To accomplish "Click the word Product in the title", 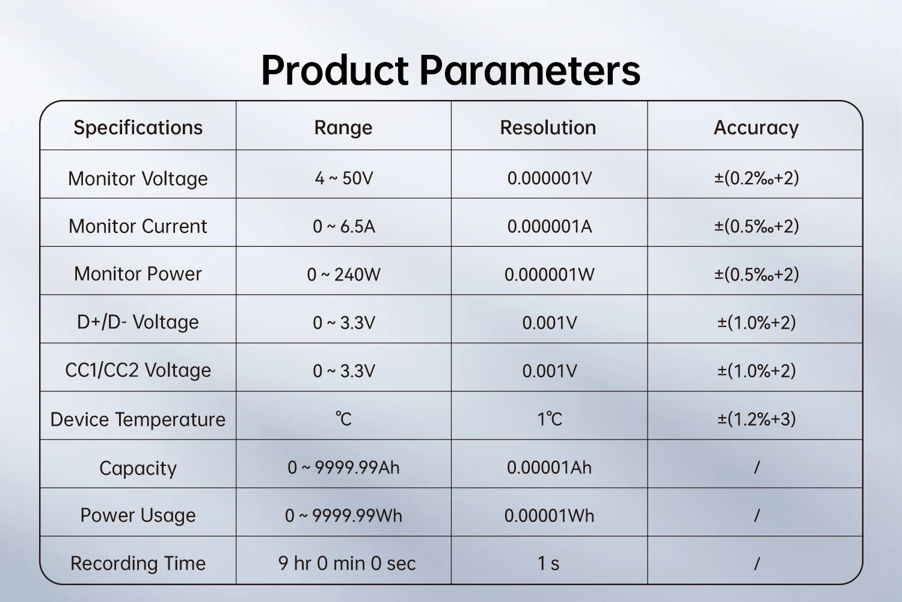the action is pos(334,70).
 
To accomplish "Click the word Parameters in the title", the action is pos(529,70).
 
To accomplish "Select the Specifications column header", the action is pos(138,128).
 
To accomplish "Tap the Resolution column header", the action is pos(548,128).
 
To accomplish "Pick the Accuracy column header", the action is pos(756,128).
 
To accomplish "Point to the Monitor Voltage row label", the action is pos(138,179).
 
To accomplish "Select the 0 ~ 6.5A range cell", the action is pos(344,226).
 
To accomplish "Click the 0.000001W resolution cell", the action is pos(549,275).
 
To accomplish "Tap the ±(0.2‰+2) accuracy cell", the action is pos(756,178).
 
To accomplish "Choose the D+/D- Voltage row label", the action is pos(138,322).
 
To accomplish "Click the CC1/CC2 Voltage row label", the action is pos(138,370).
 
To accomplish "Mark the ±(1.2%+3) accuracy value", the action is pos(756,419).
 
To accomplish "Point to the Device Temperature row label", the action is pos(138,420).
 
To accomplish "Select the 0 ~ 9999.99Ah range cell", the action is pos(343,468).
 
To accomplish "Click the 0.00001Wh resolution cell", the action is pos(549,516).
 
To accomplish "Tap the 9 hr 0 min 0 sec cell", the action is pos(347,563).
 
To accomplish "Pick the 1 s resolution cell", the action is pos(548,563).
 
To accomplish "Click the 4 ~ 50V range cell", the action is pos(344,178).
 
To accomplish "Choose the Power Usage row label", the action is pos(138,516).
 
